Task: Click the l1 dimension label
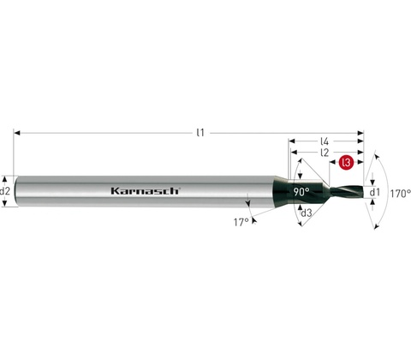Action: [201, 133]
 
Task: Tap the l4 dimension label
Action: [325, 141]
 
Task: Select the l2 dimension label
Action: [325, 153]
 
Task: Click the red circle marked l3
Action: [346, 163]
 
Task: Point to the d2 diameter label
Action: [5, 191]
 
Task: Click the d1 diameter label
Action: [375, 193]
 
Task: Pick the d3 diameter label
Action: [307, 213]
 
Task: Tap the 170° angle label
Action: [401, 194]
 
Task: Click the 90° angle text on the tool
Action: [301, 192]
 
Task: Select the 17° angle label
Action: [241, 222]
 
